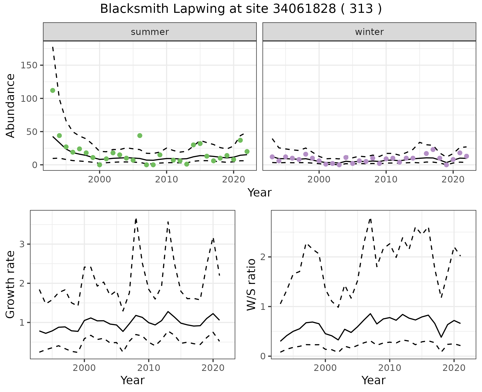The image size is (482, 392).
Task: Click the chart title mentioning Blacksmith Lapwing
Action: (241, 9)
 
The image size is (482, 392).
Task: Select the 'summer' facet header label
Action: (150, 32)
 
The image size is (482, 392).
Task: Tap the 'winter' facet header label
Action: (369, 32)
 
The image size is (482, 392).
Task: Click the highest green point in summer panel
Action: (53, 90)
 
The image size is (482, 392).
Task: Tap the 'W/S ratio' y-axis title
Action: (251, 284)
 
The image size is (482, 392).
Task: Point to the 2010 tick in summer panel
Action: (166, 179)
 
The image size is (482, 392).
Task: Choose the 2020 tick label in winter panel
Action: (453, 179)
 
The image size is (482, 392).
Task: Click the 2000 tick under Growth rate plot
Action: (84, 368)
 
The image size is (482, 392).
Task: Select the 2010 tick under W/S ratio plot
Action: (390, 368)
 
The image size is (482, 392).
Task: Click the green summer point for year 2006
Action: (140, 136)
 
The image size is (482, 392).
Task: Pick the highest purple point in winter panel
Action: (433, 150)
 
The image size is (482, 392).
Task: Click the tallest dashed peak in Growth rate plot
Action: (136, 219)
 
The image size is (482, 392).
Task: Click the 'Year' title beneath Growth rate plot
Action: (133, 380)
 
